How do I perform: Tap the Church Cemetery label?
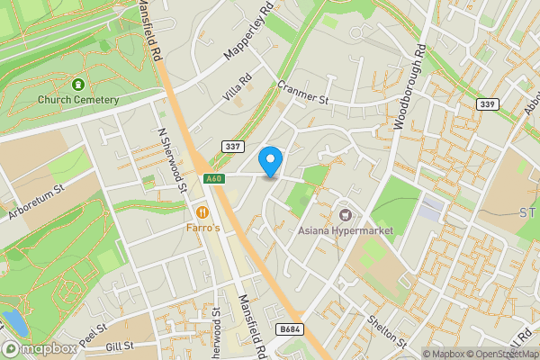[x=78, y=100]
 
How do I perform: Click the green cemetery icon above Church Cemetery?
[x=78, y=85]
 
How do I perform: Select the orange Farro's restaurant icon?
[x=202, y=212]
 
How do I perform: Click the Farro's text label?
[x=203, y=229]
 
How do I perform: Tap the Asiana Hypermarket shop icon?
[x=346, y=214]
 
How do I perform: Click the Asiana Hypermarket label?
[x=346, y=231]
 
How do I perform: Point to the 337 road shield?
[x=232, y=146]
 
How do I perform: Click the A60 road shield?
[x=212, y=178]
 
